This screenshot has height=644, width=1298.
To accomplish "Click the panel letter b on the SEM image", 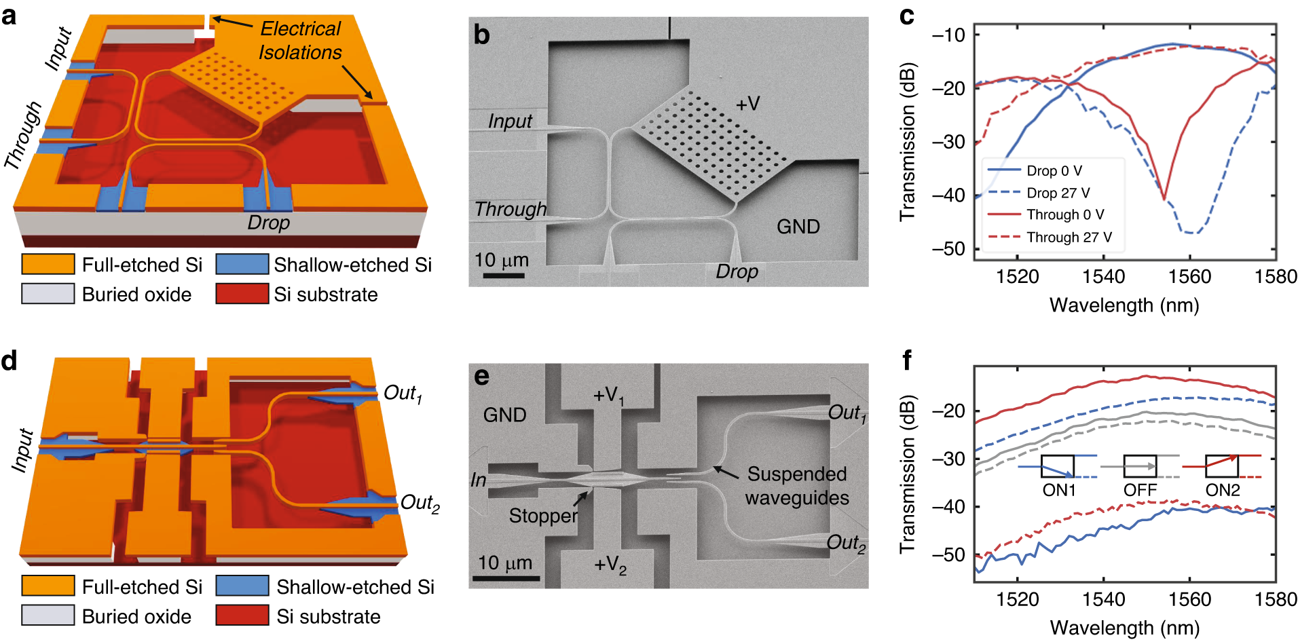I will (x=481, y=35).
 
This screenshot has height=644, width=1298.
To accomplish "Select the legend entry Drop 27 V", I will (x=1058, y=193).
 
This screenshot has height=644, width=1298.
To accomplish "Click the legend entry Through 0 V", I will (x=1064, y=214).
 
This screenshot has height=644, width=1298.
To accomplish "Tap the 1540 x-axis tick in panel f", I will (x=1103, y=599).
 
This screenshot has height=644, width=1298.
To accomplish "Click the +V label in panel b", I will (x=747, y=104).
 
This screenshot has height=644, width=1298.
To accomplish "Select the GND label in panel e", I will (x=504, y=415).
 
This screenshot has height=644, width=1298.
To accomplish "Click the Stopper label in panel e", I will (x=543, y=516).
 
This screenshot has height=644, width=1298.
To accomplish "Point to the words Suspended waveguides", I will (x=796, y=486).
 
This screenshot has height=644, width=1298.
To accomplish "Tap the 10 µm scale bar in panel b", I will (x=503, y=275).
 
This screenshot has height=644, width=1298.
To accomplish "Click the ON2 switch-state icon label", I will (x=1223, y=490).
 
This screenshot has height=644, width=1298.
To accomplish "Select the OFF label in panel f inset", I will (x=1140, y=490).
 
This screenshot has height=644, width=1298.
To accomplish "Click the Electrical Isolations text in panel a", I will (x=300, y=41).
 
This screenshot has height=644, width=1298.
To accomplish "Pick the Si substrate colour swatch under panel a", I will (x=242, y=294).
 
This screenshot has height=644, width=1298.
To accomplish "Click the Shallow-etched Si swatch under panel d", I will (x=242, y=586).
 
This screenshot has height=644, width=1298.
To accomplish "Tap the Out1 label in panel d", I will (x=402, y=394).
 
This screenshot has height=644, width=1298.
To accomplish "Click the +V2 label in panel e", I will (x=610, y=565).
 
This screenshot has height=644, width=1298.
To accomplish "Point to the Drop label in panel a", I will (x=268, y=223).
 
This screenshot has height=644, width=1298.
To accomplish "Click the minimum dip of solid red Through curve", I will (x=1164, y=199).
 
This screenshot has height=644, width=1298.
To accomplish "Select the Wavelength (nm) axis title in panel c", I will (x=1124, y=305).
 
